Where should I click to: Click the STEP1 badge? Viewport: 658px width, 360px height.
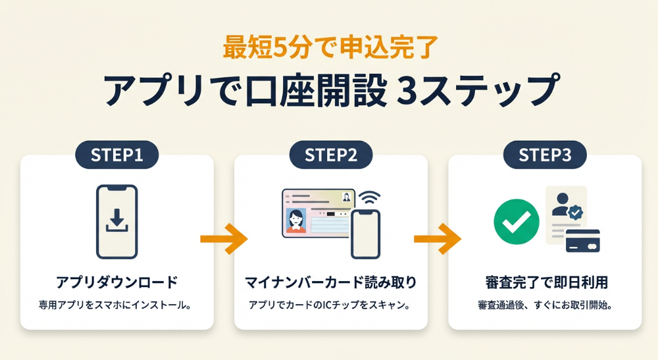click(x=116, y=155)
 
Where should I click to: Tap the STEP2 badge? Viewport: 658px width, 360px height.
click(x=331, y=155)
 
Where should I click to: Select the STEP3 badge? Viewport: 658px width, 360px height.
click(x=545, y=155)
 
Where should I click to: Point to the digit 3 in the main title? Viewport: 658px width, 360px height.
click(x=408, y=91)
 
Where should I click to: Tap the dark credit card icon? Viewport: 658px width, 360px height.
click(x=583, y=241)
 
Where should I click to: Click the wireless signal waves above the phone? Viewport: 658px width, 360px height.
click(x=371, y=197)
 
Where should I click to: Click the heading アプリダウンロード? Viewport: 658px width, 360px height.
click(x=116, y=282)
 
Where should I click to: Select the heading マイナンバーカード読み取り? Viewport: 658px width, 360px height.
click(x=331, y=282)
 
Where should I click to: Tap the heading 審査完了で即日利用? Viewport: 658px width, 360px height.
click(x=545, y=282)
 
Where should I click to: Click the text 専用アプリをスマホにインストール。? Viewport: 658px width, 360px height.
click(x=116, y=305)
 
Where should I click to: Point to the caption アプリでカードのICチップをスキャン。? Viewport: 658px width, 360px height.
click(x=331, y=305)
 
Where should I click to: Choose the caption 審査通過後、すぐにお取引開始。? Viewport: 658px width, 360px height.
click(x=545, y=305)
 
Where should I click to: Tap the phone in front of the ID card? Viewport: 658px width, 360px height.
click(x=366, y=234)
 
